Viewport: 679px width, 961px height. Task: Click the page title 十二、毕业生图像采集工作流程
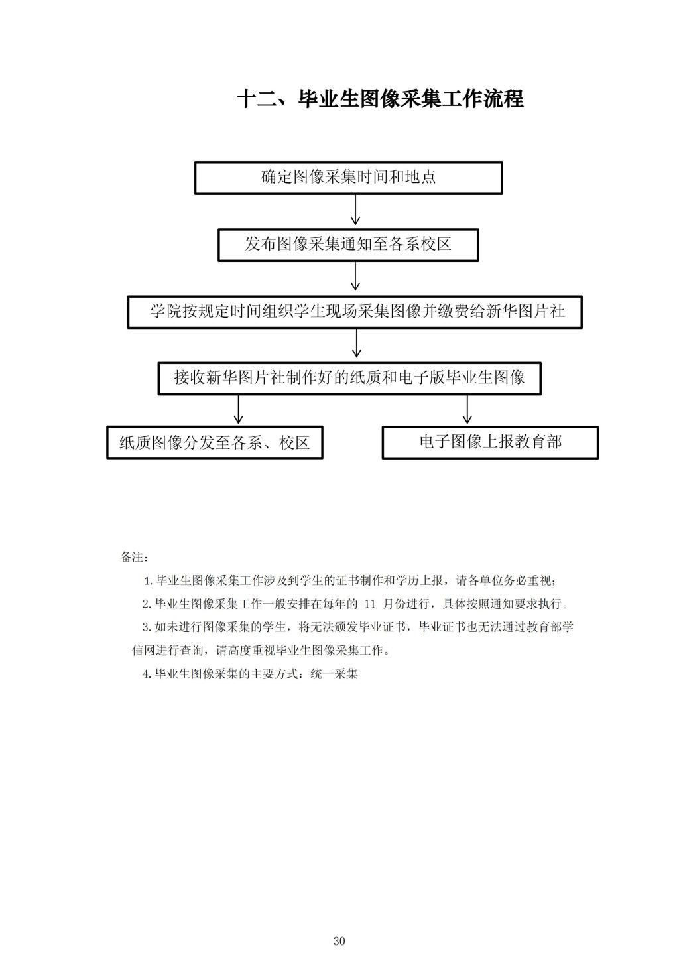[380, 99]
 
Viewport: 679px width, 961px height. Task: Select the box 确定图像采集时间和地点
[348, 178]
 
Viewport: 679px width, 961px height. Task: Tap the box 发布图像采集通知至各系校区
[348, 245]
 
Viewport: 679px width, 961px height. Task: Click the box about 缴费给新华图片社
[355, 312]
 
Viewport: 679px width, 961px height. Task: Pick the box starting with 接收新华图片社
[349, 379]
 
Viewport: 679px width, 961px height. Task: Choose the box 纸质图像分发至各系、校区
[214, 443]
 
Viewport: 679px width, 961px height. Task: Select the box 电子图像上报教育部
[490, 443]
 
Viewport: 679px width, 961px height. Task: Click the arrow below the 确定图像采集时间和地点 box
[355, 210]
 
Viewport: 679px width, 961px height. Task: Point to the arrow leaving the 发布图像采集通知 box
[355, 277]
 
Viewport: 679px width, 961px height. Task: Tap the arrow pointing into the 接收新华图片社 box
[357, 344]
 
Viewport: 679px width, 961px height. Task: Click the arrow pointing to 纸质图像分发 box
[239, 410]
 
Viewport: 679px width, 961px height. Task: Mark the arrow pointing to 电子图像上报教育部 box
[467, 410]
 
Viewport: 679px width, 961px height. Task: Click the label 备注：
[135, 557]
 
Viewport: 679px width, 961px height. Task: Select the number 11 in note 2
[370, 604]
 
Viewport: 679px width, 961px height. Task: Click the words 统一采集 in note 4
[334, 674]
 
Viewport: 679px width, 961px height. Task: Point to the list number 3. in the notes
[147, 627]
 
